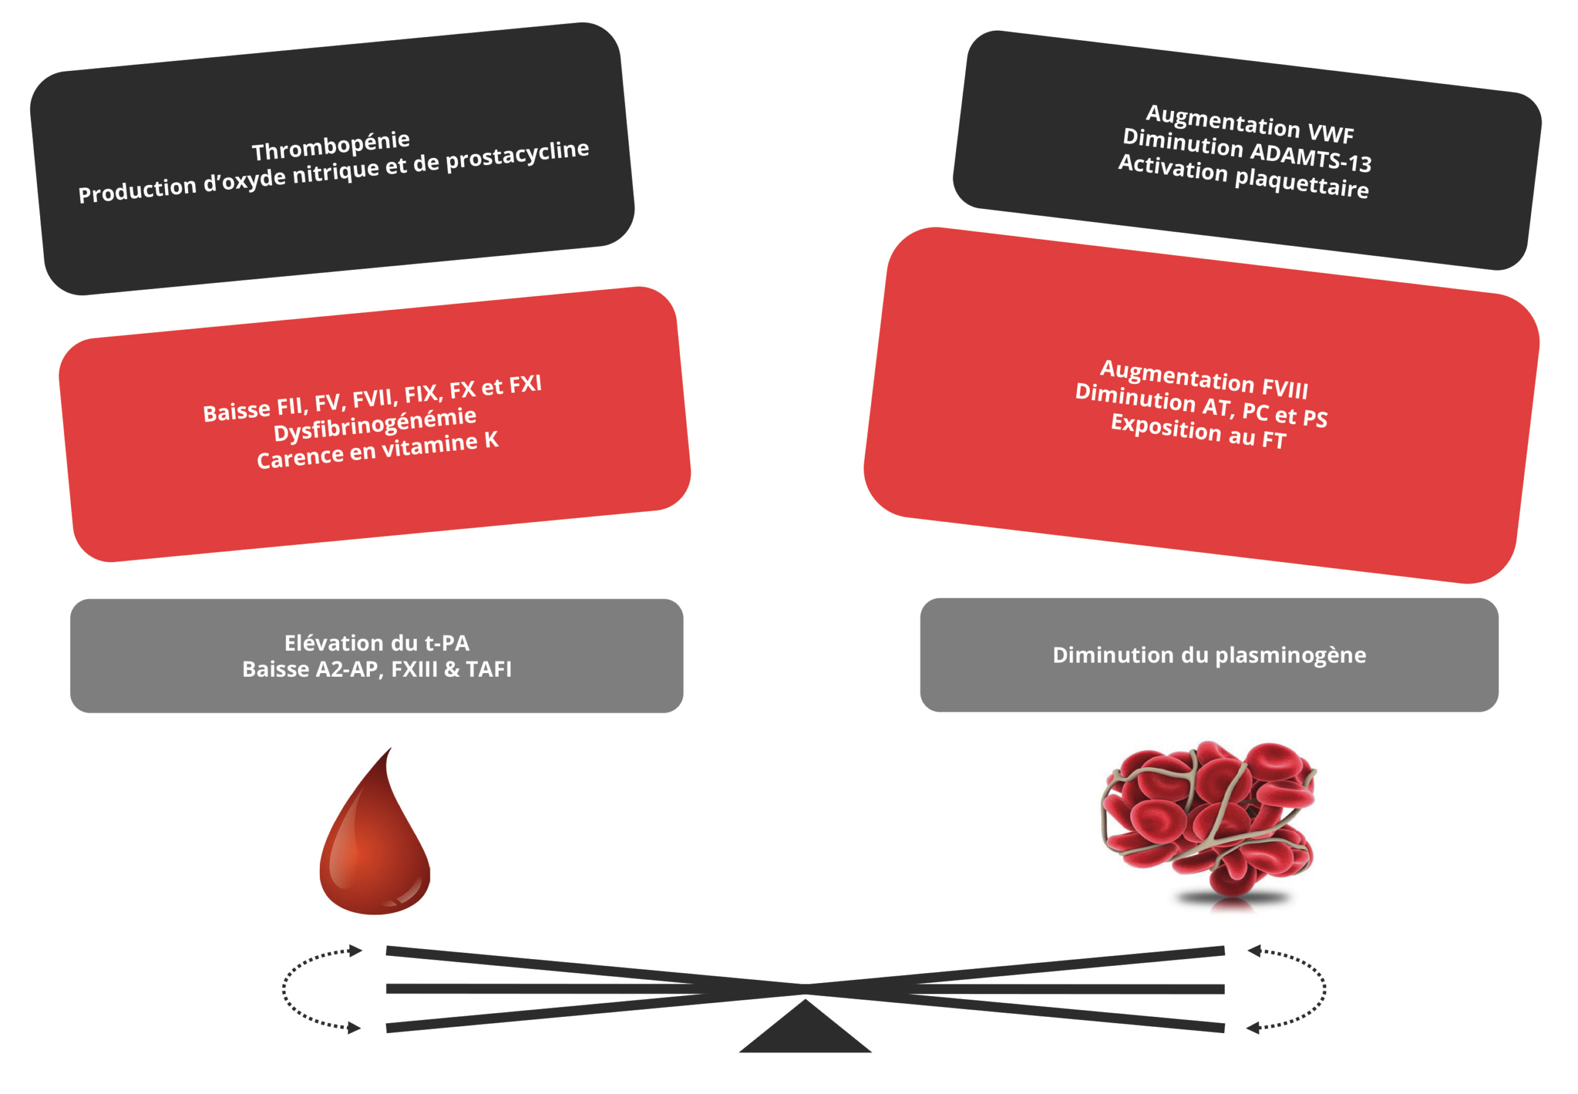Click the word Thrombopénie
pos(330,145)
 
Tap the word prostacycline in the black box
pos(517,155)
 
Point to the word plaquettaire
pos(1301,183)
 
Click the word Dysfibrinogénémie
pos(374,423)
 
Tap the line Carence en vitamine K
pos(377,450)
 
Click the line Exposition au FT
pos(1198,430)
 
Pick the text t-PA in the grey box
pos(447,643)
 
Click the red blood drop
pos(374,847)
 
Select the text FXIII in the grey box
pos(414,669)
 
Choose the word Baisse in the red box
pos(237,411)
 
